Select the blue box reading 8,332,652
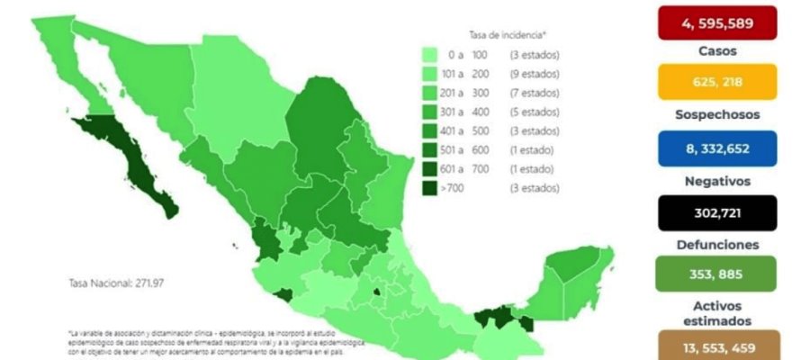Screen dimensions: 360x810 717,148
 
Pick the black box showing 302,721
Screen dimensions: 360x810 717,212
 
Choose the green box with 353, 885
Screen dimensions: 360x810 717,274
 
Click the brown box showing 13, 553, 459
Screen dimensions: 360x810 717,346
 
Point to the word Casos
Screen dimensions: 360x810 717,51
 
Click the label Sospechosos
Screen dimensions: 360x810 717,115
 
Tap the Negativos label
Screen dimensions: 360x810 717,180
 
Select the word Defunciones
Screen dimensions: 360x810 717,244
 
